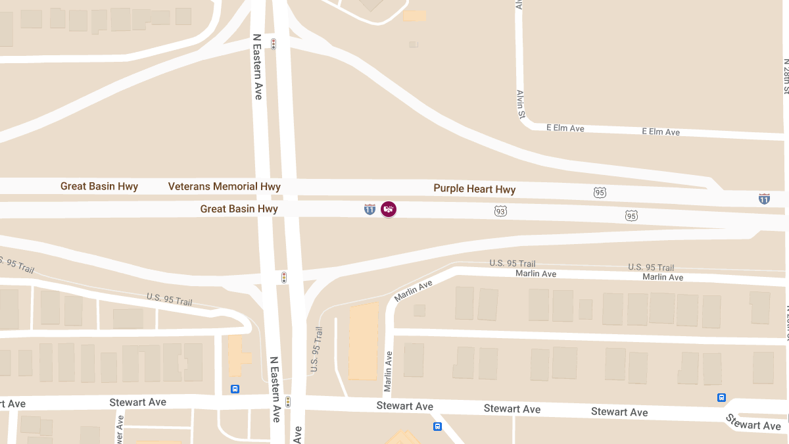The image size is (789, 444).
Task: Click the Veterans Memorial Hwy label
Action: tap(224, 186)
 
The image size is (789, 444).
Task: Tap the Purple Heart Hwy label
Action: tap(474, 189)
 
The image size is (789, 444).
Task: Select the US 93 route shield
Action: tap(501, 211)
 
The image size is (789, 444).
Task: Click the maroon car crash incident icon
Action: tap(389, 209)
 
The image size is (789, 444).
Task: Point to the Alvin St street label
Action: tap(521, 105)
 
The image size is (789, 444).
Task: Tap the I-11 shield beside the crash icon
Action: tap(370, 209)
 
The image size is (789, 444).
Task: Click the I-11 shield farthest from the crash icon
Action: tap(764, 198)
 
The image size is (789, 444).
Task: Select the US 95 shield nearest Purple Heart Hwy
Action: tap(599, 193)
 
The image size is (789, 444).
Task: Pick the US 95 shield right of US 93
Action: tap(631, 216)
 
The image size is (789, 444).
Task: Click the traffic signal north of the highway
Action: tap(273, 44)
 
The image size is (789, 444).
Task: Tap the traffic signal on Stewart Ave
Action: tap(287, 401)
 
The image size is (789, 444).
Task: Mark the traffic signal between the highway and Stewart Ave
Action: tap(284, 278)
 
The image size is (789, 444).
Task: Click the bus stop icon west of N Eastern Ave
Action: tap(235, 389)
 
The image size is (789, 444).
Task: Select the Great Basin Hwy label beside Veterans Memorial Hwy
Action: tap(99, 186)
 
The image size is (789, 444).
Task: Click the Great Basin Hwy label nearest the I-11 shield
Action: tap(239, 209)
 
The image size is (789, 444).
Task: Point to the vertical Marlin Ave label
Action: tap(388, 371)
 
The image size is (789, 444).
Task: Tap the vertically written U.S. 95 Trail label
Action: tap(317, 349)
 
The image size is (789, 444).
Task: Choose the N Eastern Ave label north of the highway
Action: tap(257, 67)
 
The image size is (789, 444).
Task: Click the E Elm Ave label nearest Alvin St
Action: tap(565, 128)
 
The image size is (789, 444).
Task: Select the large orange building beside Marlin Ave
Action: tap(363, 341)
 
